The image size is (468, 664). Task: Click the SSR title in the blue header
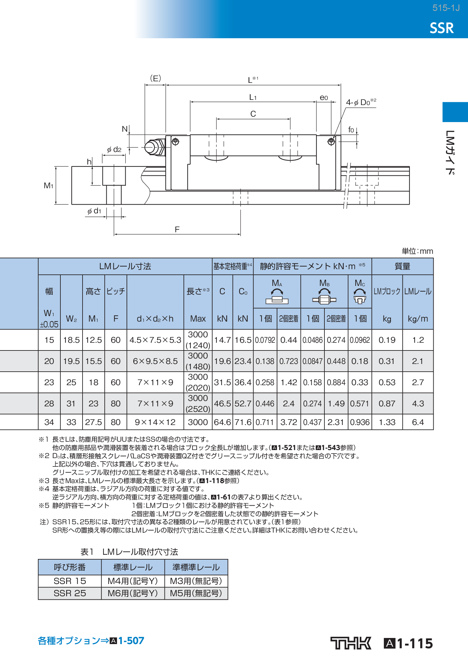(442, 28)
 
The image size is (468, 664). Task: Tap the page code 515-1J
(446, 8)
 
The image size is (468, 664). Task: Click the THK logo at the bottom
(350, 643)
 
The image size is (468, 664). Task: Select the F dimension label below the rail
(177, 229)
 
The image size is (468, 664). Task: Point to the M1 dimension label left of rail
(49, 185)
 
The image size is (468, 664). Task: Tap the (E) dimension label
(155, 78)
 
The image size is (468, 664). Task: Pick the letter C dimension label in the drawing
(253, 114)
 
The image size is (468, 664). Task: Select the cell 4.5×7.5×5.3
(155, 340)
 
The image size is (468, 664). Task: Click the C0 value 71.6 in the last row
(243, 422)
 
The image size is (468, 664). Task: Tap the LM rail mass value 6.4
(418, 422)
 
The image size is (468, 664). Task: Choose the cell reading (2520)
(198, 409)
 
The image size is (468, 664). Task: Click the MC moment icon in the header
(360, 296)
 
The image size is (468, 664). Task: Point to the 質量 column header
(402, 266)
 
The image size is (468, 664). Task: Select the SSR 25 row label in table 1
(70, 593)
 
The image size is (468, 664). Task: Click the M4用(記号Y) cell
(133, 581)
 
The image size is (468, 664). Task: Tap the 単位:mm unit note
(417, 251)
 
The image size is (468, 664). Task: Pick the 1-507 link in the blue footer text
(131, 641)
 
